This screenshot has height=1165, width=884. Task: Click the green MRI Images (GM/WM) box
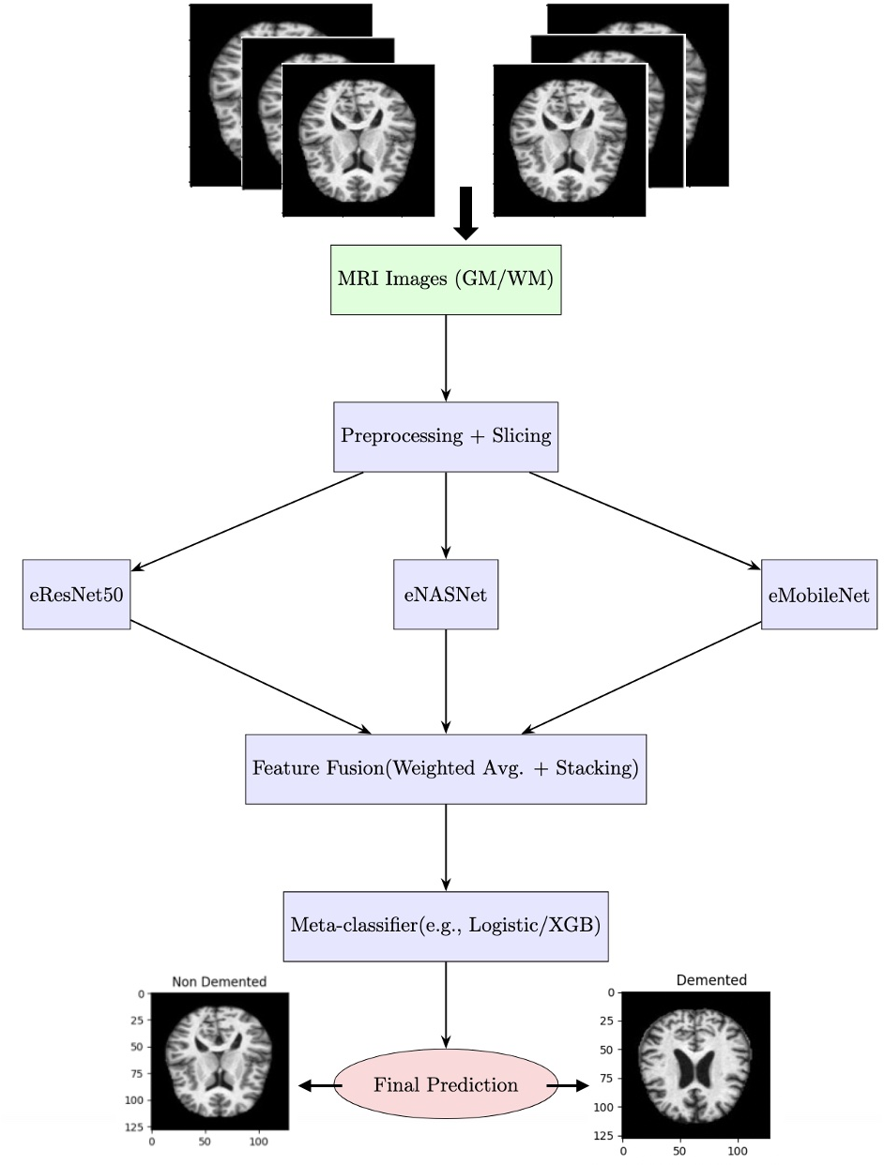[x=446, y=280]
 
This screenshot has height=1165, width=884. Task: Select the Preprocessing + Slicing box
[x=446, y=436]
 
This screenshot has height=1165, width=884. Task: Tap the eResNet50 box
[x=76, y=595]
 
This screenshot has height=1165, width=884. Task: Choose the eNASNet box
[x=446, y=595]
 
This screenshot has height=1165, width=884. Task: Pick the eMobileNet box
[x=819, y=595]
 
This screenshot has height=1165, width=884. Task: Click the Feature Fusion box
[x=446, y=769]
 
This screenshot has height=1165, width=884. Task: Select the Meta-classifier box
[x=446, y=926]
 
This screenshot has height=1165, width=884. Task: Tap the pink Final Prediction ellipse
[x=446, y=1085]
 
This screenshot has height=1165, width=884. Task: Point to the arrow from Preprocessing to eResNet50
[x=249, y=521]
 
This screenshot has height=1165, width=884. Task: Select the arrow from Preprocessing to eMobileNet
[x=645, y=521]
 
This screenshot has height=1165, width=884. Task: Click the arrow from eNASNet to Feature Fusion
[x=446, y=680]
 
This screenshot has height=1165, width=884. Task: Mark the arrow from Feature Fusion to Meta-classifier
[x=446, y=847]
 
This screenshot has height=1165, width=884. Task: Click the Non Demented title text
[x=219, y=981]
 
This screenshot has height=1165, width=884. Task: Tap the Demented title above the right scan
[x=711, y=980]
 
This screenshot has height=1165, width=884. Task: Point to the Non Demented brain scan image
[x=219, y=1060]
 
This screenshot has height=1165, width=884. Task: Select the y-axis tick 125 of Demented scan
[x=606, y=1136]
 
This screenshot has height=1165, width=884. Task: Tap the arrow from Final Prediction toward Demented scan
[x=569, y=1085]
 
